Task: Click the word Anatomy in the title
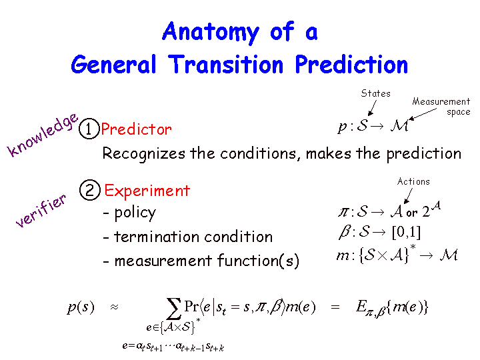point(211,33)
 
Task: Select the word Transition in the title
point(226,65)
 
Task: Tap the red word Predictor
point(136,129)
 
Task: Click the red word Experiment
point(147,191)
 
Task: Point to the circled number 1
point(89,129)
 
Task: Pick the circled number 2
point(90,190)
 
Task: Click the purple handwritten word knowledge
point(43,135)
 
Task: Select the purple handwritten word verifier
point(41,211)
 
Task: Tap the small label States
point(375,93)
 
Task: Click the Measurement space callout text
point(441,106)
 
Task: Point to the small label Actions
point(413,181)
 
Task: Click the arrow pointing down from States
point(372,108)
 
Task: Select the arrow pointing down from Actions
point(408,196)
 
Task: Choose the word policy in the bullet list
point(135,213)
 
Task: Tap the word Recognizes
point(143,154)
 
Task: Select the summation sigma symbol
point(173,309)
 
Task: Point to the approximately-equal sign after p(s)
point(114,307)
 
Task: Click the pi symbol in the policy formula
point(343,212)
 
